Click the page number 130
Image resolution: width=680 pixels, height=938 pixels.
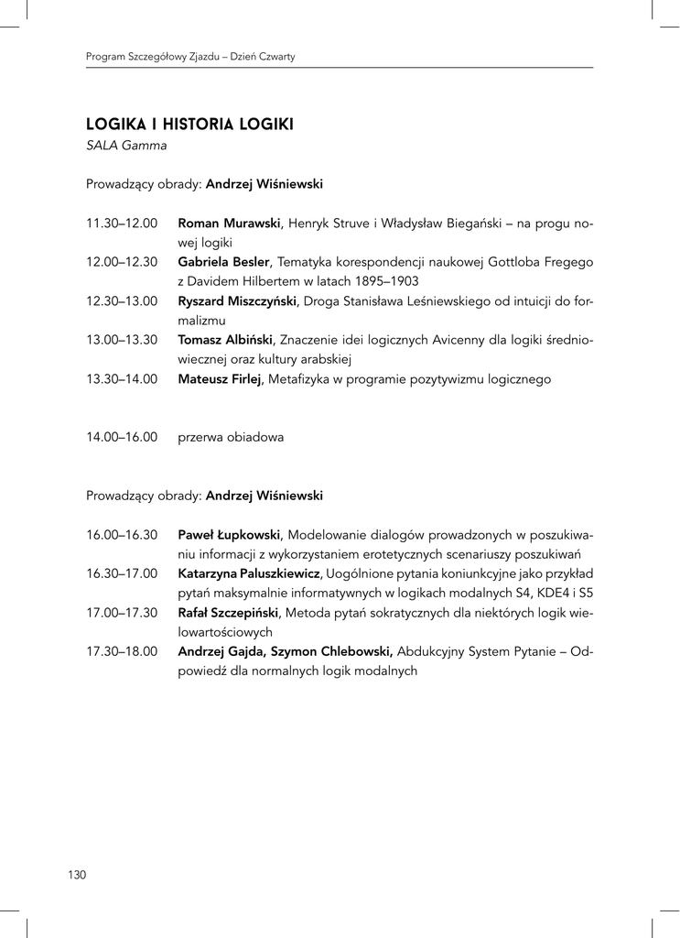pos(76,875)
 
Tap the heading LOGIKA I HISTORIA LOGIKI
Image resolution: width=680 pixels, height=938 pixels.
pos(189,125)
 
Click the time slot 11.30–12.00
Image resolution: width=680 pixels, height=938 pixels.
pos(122,224)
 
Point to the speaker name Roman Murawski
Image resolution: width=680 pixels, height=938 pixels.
pos(229,224)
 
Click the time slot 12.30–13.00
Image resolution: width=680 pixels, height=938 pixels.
pos(122,301)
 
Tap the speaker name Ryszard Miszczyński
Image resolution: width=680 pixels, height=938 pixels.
pos(236,301)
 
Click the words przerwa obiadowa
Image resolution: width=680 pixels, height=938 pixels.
pos(231,437)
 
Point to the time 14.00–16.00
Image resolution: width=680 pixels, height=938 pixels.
pos(122,437)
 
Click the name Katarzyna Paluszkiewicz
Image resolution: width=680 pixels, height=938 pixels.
pos(248,573)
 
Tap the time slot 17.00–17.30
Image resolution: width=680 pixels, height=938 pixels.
pos(122,613)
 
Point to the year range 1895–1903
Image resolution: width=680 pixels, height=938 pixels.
pos(385,282)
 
